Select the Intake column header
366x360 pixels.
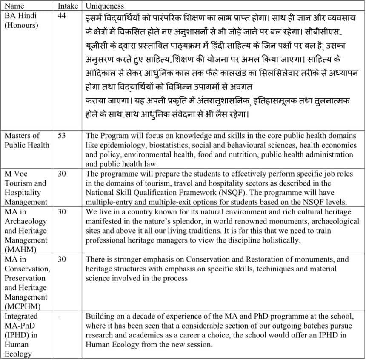(68, 6)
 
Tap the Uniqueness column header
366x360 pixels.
(105, 6)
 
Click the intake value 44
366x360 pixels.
(62, 16)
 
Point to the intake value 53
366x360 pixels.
(62, 136)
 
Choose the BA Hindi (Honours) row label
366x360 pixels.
(21, 20)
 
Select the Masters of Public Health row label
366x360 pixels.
(26, 140)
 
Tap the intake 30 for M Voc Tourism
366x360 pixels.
(62, 174)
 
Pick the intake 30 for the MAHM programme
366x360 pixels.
(62, 212)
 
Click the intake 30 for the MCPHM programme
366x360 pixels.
(62, 259)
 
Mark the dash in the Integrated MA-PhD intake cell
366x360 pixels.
(59, 316)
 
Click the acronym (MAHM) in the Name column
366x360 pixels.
(20, 249)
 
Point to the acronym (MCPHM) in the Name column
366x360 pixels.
(23, 306)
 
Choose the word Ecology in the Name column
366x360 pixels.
(18, 354)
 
